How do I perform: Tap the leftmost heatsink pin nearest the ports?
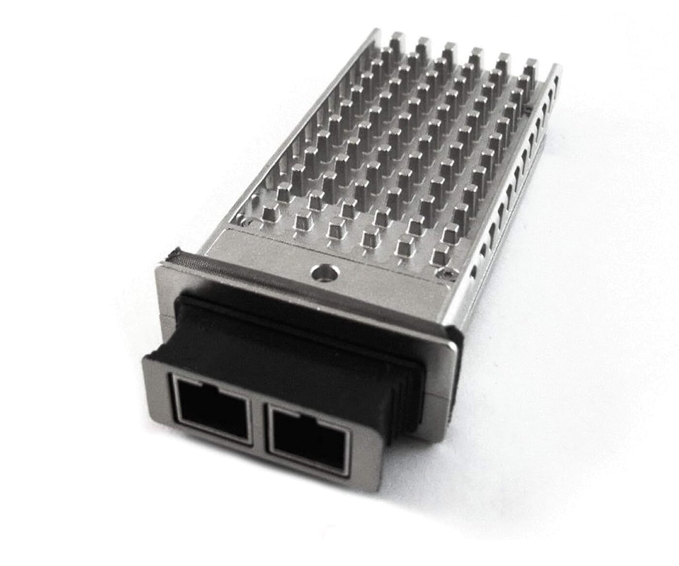[268, 212]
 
